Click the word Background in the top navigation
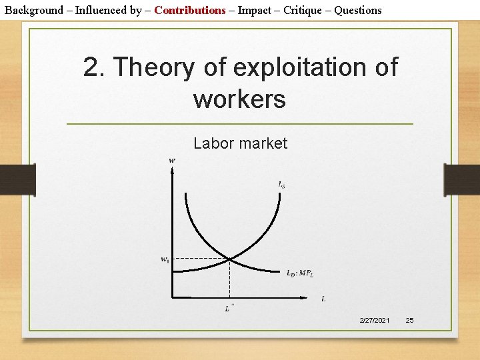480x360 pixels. click(34, 10)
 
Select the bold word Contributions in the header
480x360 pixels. click(190, 10)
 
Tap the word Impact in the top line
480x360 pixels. click(255, 10)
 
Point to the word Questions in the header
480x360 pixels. click(358, 10)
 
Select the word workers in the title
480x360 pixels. click(239, 99)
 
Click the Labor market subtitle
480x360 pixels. click(240, 143)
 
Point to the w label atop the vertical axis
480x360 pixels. click(172, 160)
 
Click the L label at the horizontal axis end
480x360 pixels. click(323, 299)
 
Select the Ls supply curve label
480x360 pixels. click(281, 185)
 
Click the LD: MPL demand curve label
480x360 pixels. click(300, 272)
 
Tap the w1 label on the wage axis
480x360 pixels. click(164, 259)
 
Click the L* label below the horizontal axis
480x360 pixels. click(229, 307)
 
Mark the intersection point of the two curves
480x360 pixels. click(229, 258)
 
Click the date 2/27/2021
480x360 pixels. click(375, 321)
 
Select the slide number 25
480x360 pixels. click(409, 321)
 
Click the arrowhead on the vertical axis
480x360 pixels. click(172, 169)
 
